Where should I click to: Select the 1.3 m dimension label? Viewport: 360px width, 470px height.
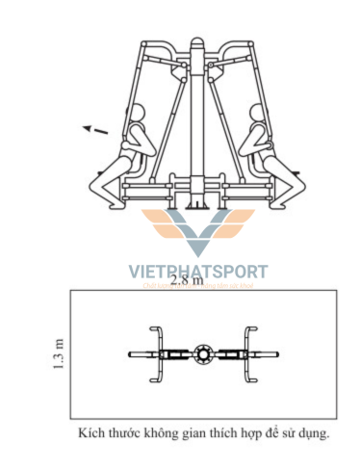(x=60, y=354)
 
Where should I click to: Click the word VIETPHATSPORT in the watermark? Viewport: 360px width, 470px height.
(x=198, y=273)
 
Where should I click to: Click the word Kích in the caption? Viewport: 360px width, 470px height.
(x=92, y=434)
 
